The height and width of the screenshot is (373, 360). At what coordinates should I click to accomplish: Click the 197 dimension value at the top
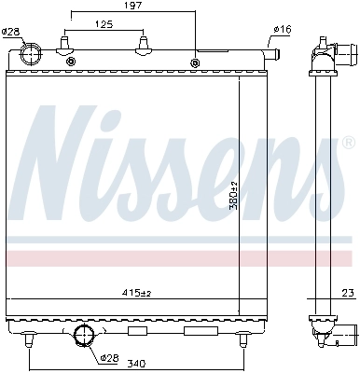(x=132, y=7)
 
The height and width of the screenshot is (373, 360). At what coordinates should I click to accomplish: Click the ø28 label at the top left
(x=10, y=32)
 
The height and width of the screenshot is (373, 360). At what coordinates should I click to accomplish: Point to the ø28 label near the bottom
(x=110, y=357)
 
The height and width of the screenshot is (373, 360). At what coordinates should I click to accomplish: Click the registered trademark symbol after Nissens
(x=347, y=145)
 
